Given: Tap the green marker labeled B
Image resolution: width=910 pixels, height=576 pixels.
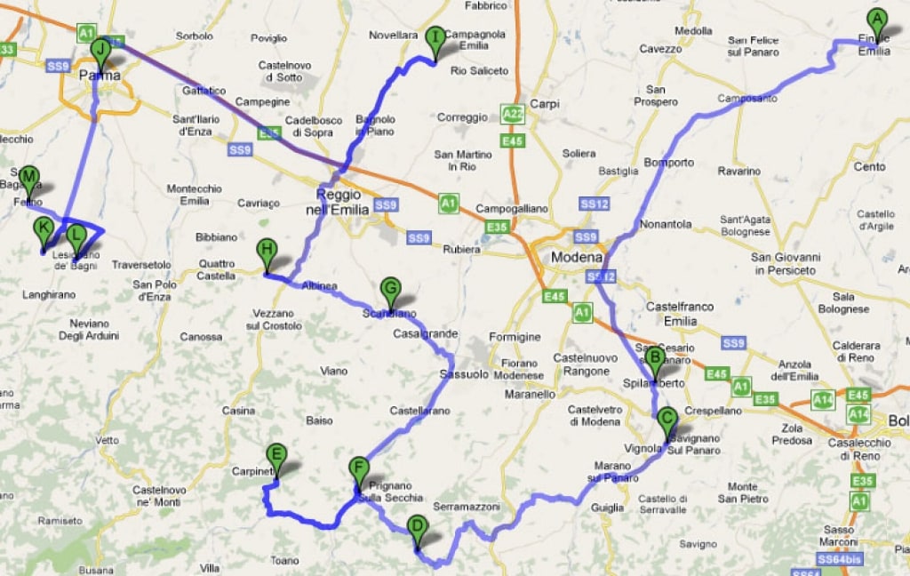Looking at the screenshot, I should click(654, 360).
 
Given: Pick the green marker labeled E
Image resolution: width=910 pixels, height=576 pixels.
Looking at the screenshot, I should click(276, 457).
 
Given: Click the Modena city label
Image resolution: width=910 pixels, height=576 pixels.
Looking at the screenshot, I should click(577, 258).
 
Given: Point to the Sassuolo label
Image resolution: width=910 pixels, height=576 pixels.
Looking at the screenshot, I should click(464, 375).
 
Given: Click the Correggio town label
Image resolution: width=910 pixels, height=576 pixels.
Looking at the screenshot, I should click(462, 117).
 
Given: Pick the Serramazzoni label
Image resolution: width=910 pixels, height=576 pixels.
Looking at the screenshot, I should click(467, 507).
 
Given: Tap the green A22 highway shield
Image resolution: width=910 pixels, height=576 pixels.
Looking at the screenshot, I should click(512, 114).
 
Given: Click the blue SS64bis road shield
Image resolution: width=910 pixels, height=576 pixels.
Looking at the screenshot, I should click(838, 559).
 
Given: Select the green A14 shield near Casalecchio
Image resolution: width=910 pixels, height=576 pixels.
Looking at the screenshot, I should click(859, 414).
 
